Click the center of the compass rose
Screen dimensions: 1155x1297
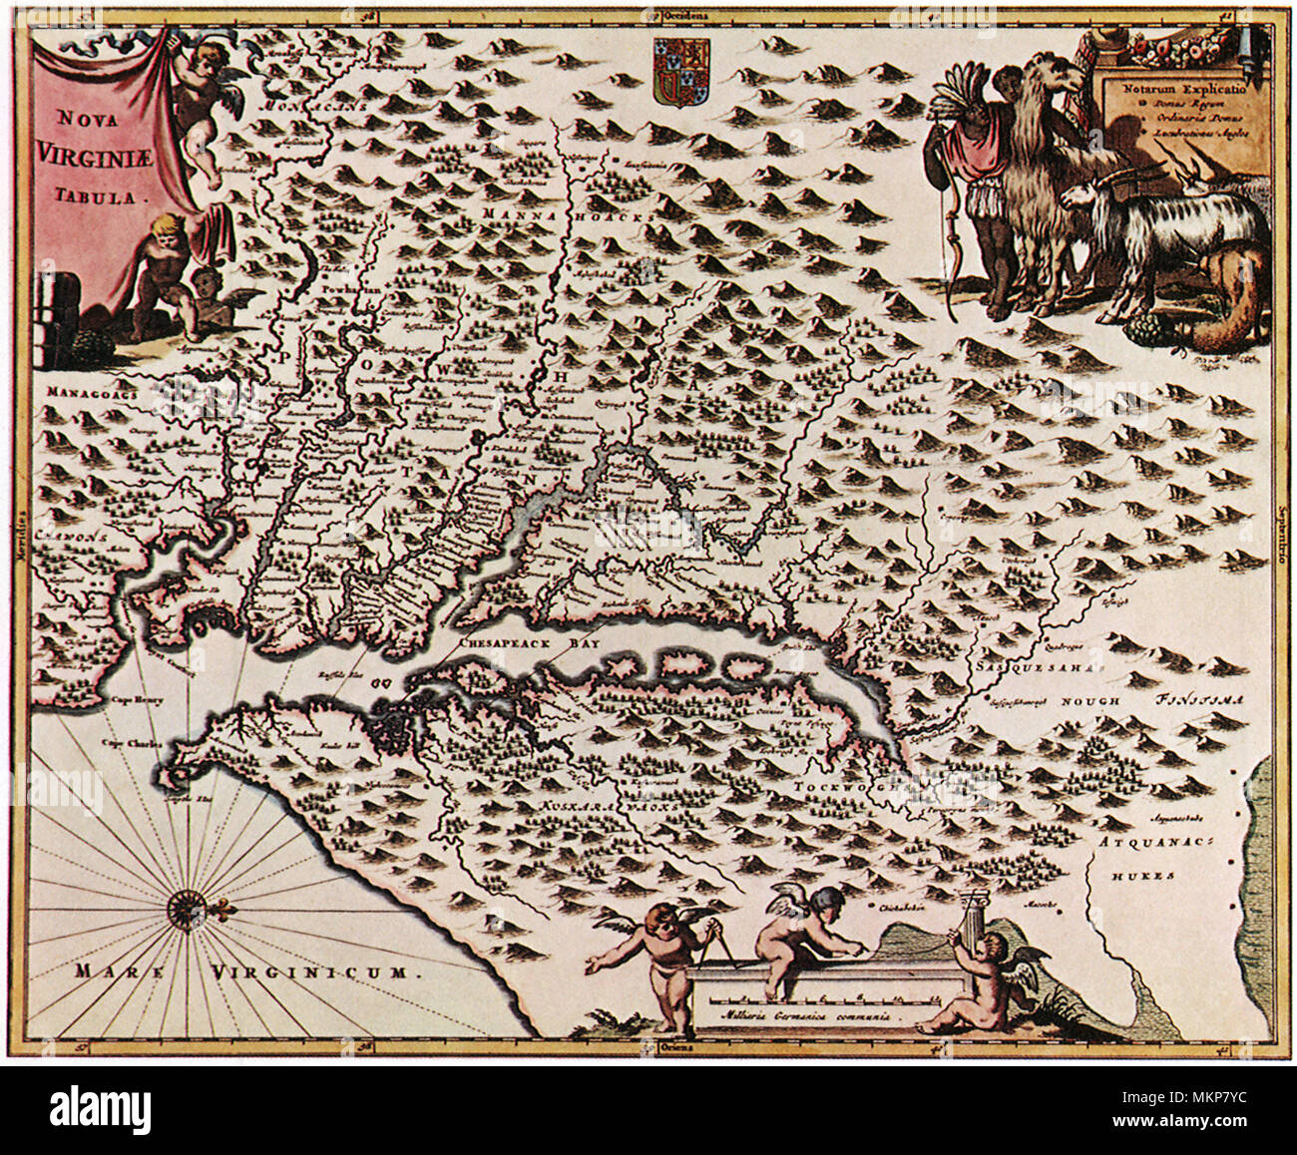tap(187, 907)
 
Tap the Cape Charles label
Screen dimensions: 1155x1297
tap(137, 743)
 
